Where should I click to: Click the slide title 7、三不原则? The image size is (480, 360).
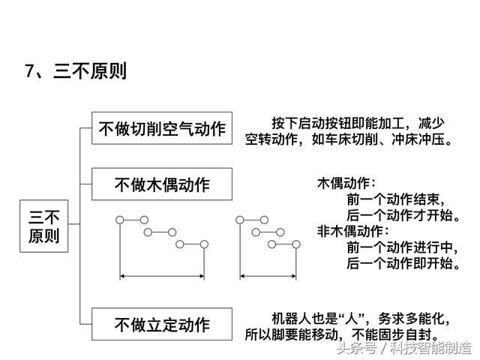point(76,71)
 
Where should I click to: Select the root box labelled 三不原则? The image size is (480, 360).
point(43,226)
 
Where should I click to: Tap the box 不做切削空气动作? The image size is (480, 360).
point(162,128)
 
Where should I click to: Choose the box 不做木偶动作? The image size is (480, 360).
point(162,184)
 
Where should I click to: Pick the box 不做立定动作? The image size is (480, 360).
point(162,324)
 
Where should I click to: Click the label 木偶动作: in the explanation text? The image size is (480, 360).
point(346,183)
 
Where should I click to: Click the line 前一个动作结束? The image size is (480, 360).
point(395,199)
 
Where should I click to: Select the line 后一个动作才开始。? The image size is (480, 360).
point(403,215)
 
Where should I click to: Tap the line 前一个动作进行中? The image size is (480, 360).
point(402,247)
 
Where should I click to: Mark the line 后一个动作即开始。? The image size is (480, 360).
point(403,263)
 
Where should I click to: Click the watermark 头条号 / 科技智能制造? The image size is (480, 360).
point(404,348)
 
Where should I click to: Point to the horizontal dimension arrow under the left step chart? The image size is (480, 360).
point(162,277)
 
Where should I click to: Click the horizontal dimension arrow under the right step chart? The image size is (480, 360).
point(268,277)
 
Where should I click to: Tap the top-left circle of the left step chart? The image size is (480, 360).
point(120,220)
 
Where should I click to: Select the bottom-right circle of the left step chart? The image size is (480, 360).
point(204,244)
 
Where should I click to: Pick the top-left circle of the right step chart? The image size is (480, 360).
point(240,220)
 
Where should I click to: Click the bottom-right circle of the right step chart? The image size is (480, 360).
point(296,244)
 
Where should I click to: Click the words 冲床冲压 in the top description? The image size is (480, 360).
point(418,139)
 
